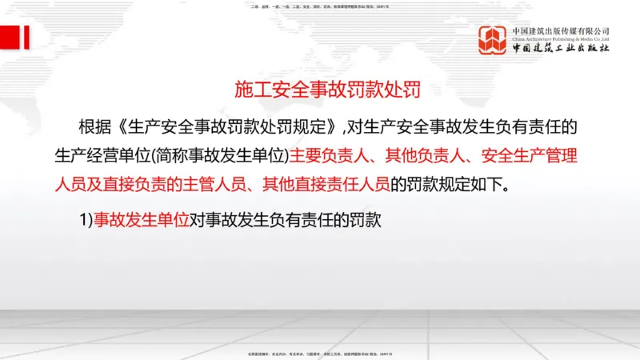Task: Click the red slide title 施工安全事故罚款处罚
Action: (x=327, y=89)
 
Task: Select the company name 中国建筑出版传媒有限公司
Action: (x=561, y=30)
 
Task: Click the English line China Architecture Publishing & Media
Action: (x=561, y=38)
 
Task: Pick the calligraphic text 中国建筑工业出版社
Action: (x=561, y=49)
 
